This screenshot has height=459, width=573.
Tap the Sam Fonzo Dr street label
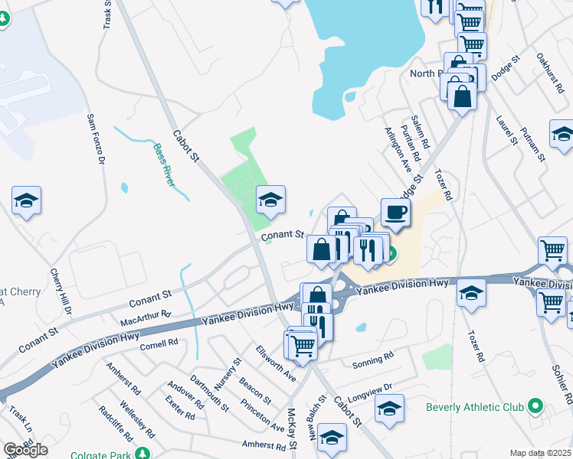tap(93, 138)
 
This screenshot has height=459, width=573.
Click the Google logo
tap(25, 449)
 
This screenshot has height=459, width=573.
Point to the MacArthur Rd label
tap(146, 317)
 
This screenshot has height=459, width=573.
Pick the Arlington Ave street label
tap(399, 151)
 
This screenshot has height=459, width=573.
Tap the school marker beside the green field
tap(270, 201)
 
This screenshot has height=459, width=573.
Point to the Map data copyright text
tap(540, 453)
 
